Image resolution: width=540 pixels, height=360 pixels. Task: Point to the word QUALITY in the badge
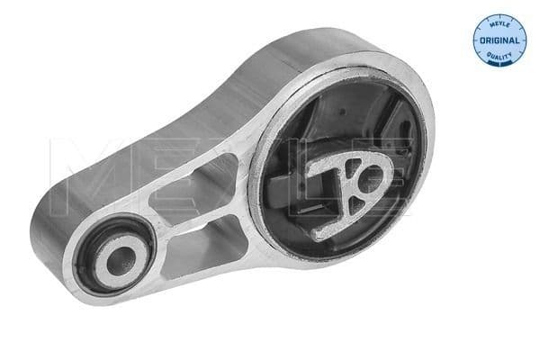click(500, 51)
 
